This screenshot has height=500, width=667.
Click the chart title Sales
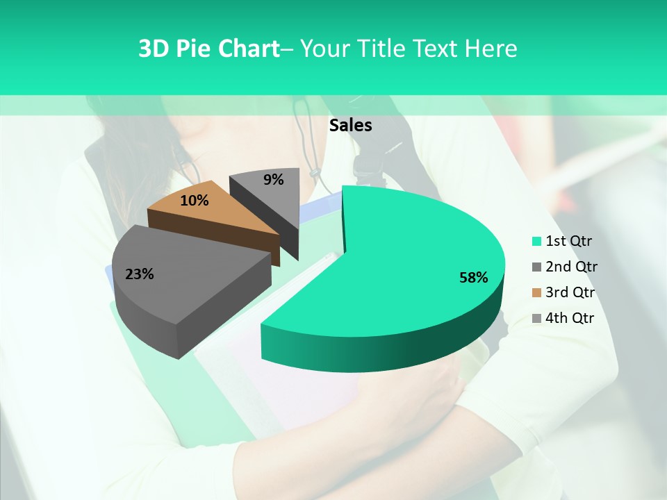[x=350, y=125]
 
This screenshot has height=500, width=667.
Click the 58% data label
[x=473, y=278]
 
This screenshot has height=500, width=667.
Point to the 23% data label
[x=139, y=274]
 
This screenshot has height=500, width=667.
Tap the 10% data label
[x=195, y=201]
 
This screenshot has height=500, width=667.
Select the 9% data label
[x=274, y=180]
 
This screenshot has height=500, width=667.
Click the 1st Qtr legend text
[x=569, y=241]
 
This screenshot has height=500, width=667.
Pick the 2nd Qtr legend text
[x=571, y=267]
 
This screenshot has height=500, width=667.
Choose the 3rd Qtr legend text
[x=571, y=292]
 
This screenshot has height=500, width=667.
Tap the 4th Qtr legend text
[x=570, y=318]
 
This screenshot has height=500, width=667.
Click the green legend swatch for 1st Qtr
[x=536, y=242]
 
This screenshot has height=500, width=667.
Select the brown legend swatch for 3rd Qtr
[x=536, y=293]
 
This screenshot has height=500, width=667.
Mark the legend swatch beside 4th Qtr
[x=536, y=319]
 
